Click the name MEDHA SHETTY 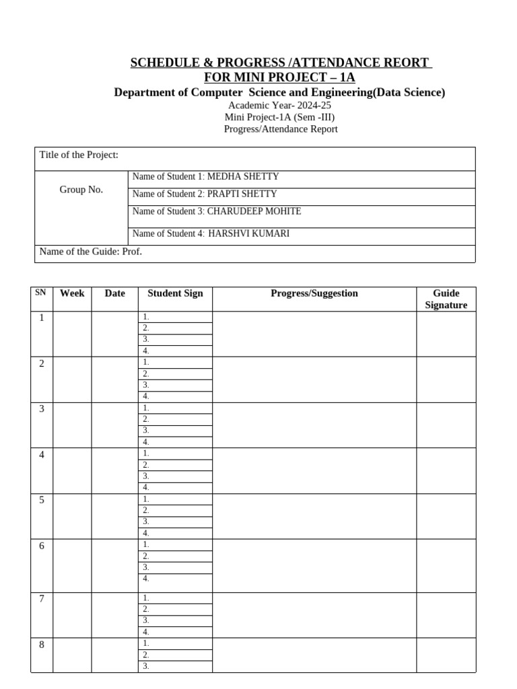tap(243, 177)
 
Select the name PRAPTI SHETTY tap(242, 194)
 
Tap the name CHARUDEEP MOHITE tap(254, 211)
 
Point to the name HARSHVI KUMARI tap(250, 234)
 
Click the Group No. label tap(81, 190)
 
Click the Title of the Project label tap(79, 155)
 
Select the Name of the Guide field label tap(91, 252)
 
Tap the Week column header tap(72, 293)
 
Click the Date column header tap(114, 293)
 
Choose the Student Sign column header tap(175, 293)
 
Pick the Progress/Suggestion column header tap(314, 293)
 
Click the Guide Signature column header tap(446, 299)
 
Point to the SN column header tap(41, 293)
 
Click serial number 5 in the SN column tap(42, 500)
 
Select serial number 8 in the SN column tap(42, 645)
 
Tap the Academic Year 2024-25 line tap(279, 106)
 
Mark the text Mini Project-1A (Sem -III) tap(279, 117)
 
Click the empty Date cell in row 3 tap(114, 425)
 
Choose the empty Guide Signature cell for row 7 tap(446, 615)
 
